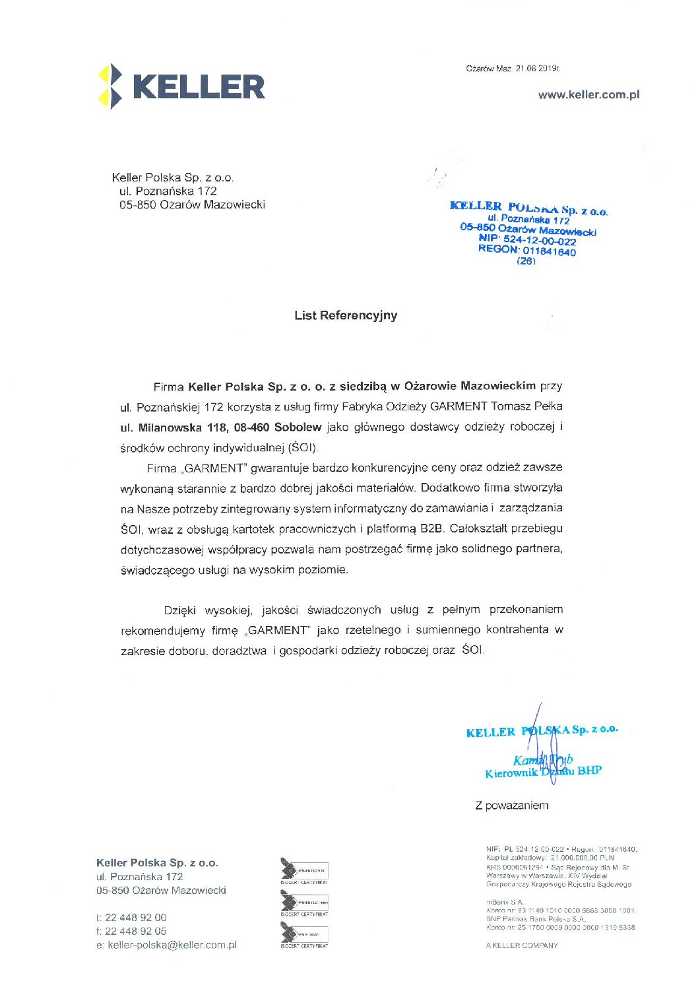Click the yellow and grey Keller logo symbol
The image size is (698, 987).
[x=110, y=86]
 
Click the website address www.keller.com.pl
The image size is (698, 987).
[x=588, y=94]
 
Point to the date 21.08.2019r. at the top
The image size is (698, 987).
[x=538, y=69]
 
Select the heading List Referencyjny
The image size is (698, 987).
[x=346, y=315]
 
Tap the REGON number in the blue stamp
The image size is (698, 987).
[x=526, y=250]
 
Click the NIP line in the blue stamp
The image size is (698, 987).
[x=527, y=239]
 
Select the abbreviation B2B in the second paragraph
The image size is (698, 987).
[x=431, y=528]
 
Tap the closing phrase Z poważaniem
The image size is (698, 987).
[x=511, y=806]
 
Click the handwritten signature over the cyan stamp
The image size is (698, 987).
[x=545, y=746]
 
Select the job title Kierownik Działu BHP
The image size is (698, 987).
[x=543, y=772]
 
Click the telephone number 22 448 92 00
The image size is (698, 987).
[x=135, y=918]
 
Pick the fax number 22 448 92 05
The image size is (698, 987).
[x=135, y=932]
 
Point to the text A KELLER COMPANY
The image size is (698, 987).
[x=521, y=945]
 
